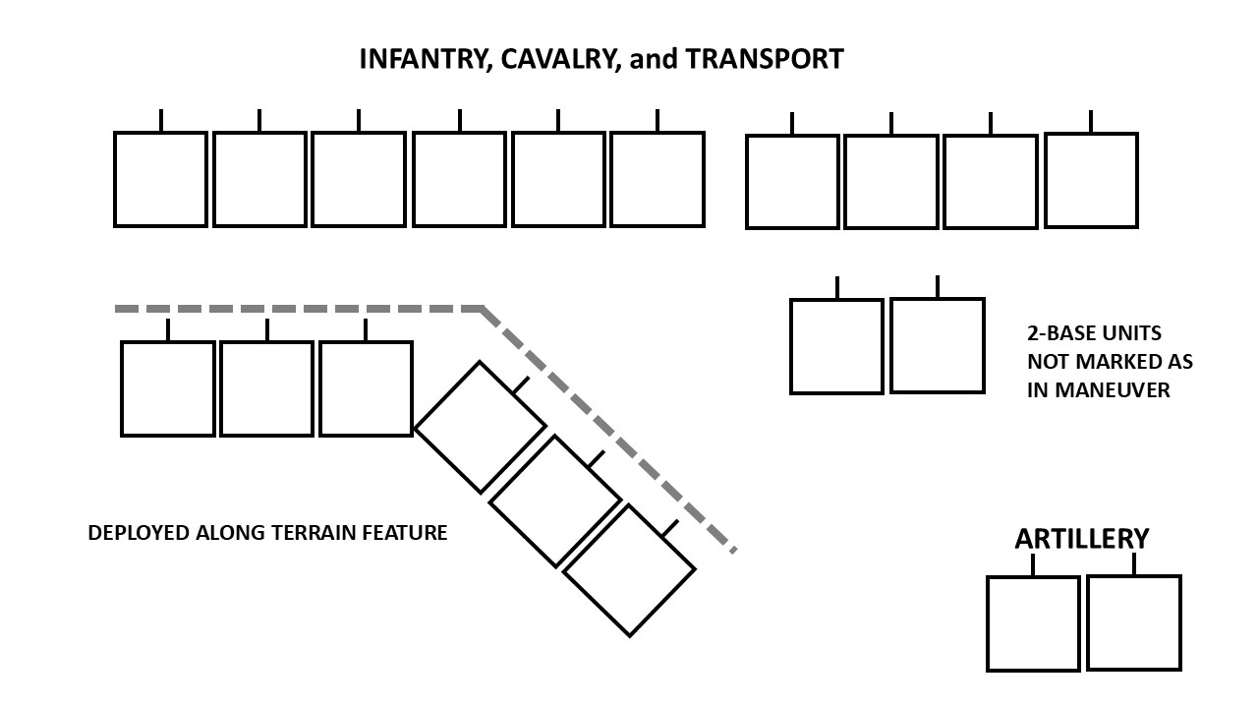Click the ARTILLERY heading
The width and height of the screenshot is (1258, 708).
(x=1081, y=539)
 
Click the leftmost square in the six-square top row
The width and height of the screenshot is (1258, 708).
(x=161, y=179)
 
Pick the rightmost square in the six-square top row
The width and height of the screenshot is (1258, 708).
(x=658, y=179)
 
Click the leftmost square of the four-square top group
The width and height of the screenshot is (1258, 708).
(x=792, y=182)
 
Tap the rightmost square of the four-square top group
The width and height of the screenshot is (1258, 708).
(x=1091, y=182)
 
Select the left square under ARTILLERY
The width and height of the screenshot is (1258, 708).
(x=1033, y=623)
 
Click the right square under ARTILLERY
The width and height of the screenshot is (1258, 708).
(x=1133, y=623)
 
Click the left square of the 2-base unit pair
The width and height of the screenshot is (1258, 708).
(x=836, y=347)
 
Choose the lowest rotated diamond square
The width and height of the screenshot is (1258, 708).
(x=629, y=570)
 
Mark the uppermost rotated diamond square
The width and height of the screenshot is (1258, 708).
(x=481, y=427)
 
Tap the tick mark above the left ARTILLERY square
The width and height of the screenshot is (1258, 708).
(x=1033, y=564)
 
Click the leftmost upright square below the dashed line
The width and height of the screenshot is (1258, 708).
(x=168, y=388)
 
